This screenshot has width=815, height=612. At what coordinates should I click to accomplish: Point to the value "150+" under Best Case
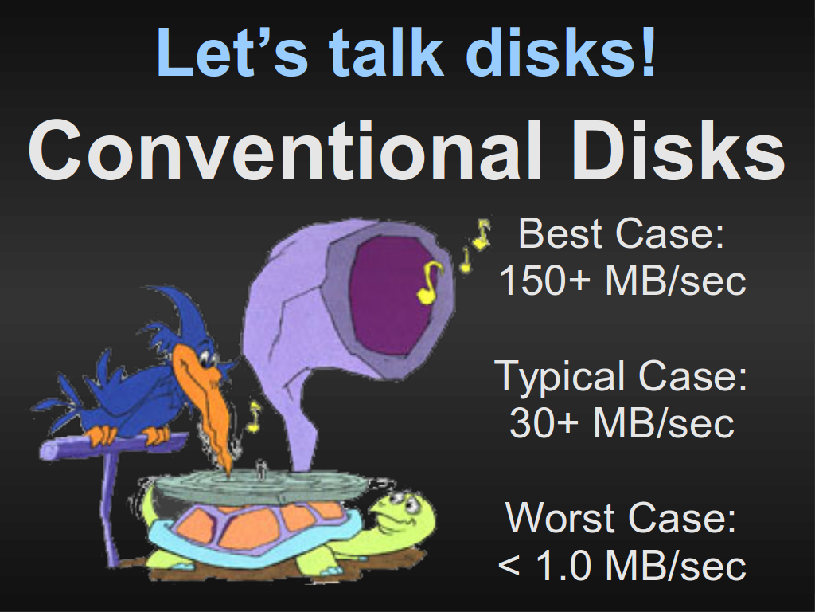point(545,280)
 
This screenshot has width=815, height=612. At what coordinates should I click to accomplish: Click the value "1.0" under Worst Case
point(563,565)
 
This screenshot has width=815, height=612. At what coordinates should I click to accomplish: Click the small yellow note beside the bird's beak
point(254,418)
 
